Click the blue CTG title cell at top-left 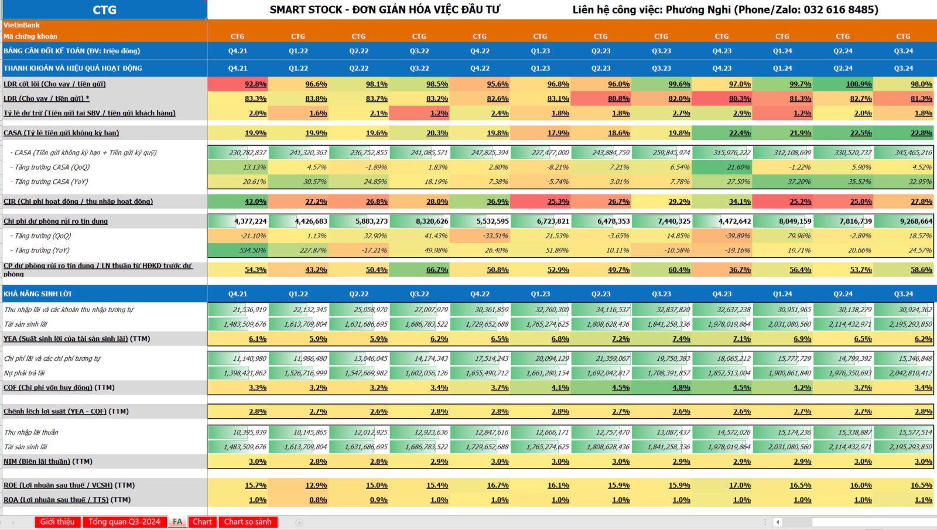pos(104,10)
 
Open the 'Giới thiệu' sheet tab pos(57,522)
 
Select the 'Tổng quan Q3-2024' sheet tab pos(124,522)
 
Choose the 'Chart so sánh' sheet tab pos(248,522)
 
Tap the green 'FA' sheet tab pos(177,522)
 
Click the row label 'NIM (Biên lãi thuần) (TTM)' pos(48,461)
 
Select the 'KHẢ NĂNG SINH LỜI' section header pos(37,294)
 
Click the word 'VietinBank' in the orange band pos(22,25)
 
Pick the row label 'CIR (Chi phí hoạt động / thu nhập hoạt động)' pos(78,202)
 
